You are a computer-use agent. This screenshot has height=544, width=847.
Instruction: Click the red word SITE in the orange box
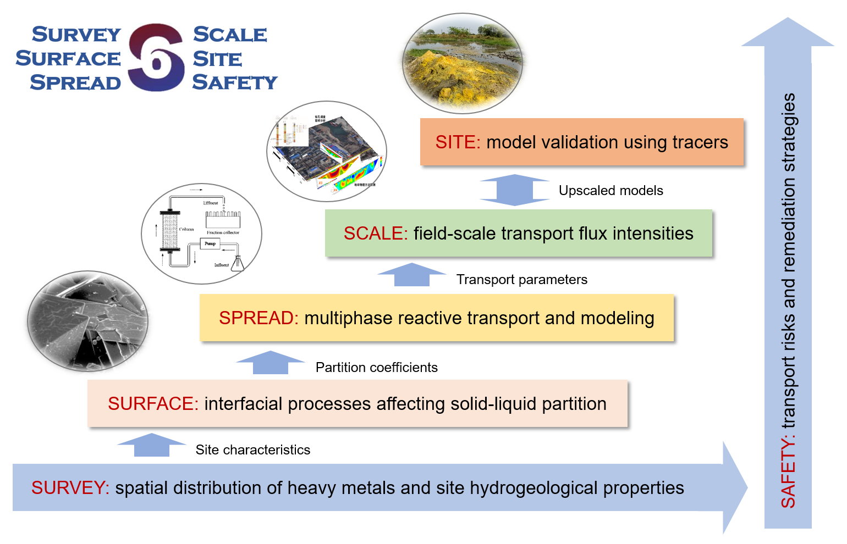pos(457,142)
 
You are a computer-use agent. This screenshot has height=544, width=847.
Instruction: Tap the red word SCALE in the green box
pos(375,234)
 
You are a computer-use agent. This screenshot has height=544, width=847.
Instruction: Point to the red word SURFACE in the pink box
pos(153,404)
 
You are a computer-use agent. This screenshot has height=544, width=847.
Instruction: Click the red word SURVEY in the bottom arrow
pos(70,488)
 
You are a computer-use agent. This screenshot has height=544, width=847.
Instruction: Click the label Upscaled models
pos(610,191)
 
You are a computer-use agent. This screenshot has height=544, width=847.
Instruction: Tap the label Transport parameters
pos(521,280)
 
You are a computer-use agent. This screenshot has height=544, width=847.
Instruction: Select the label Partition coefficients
pos(376,368)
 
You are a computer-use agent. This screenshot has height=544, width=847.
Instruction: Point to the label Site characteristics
pos(252,450)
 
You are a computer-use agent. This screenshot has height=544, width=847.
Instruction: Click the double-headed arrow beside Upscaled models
pos(515,190)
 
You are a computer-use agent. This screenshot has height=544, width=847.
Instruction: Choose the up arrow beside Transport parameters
pos(411,275)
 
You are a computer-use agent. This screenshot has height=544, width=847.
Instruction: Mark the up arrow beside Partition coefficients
pos(270,363)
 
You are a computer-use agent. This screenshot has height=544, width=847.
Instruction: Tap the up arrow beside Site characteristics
pos(152,445)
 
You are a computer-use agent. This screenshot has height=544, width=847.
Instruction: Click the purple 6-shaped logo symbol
pos(156,58)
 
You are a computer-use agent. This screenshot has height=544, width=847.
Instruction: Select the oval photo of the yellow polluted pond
pos(463,63)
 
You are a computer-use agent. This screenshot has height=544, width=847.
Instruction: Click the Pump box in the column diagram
pos(210,243)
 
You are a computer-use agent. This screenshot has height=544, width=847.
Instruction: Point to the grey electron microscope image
pos(88,320)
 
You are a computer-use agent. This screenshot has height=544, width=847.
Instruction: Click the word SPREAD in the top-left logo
pos(75,82)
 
